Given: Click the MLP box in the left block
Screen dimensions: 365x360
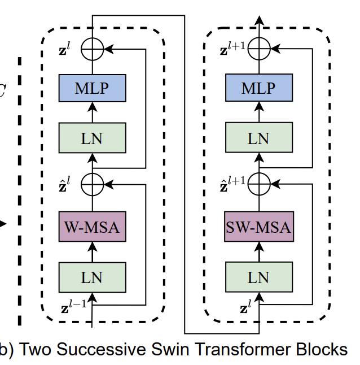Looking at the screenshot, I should pyautogui.click(x=92, y=89).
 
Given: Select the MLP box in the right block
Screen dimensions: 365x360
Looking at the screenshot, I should pyautogui.click(x=258, y=89).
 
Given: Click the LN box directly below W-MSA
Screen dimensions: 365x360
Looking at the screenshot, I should pyautogui.click(x=92, y=277).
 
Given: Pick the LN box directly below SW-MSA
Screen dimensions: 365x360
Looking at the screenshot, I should pyautogui.click(x=258, y=277).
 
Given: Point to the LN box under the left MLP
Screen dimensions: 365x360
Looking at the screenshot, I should pyautogui.click(x=92, y=138).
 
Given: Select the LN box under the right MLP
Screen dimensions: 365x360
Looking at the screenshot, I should pyautogui.click(x=258, y=138).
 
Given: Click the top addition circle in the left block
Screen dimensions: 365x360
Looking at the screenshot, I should pyautogui.click(x=92, y=50).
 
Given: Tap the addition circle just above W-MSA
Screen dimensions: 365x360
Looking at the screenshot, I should pyautogui.click(x=92, y=183).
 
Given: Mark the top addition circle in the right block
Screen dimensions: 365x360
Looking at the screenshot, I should pyautogui.click(x=258, y=50).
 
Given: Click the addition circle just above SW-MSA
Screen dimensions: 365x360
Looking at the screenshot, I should pyautogui.click(x=258, y=183).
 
